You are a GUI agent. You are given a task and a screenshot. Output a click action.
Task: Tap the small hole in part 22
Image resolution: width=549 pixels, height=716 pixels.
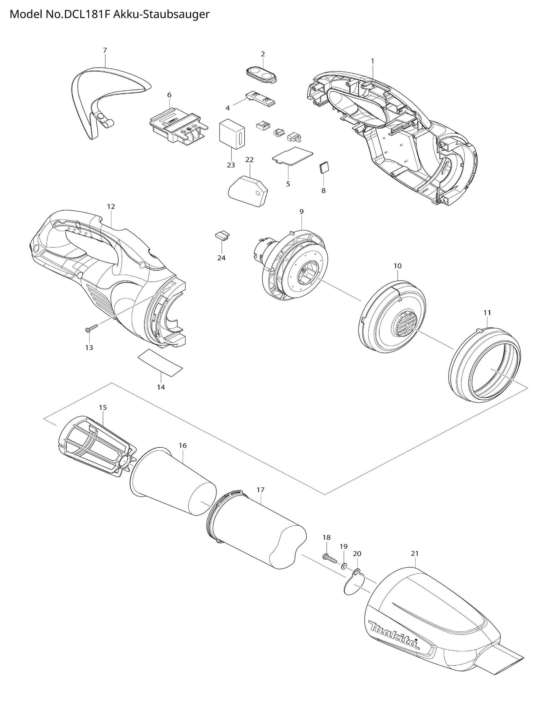click(x=260, y=193)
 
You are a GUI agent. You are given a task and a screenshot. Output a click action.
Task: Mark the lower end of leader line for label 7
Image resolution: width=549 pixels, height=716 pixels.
click(x=105, y=67)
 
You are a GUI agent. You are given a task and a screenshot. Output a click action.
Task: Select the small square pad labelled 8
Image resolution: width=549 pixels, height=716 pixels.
click(x=324, y=168)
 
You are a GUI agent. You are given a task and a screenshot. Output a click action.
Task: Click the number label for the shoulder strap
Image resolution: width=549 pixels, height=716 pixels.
click(x=105, y=50)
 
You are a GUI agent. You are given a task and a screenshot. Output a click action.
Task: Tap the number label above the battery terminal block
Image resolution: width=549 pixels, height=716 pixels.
click(x=169, y=95)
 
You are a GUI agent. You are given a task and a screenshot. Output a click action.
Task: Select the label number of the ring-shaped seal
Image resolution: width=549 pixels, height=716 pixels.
click(x=487, y=312)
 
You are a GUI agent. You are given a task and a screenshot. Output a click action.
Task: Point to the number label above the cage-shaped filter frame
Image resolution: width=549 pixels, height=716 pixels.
click(x=103, y=407)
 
